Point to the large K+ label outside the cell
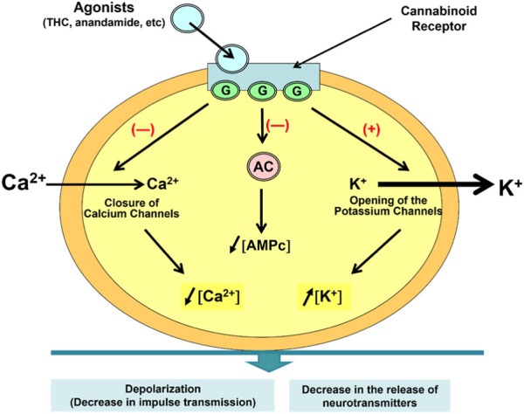tap(500, 187)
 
